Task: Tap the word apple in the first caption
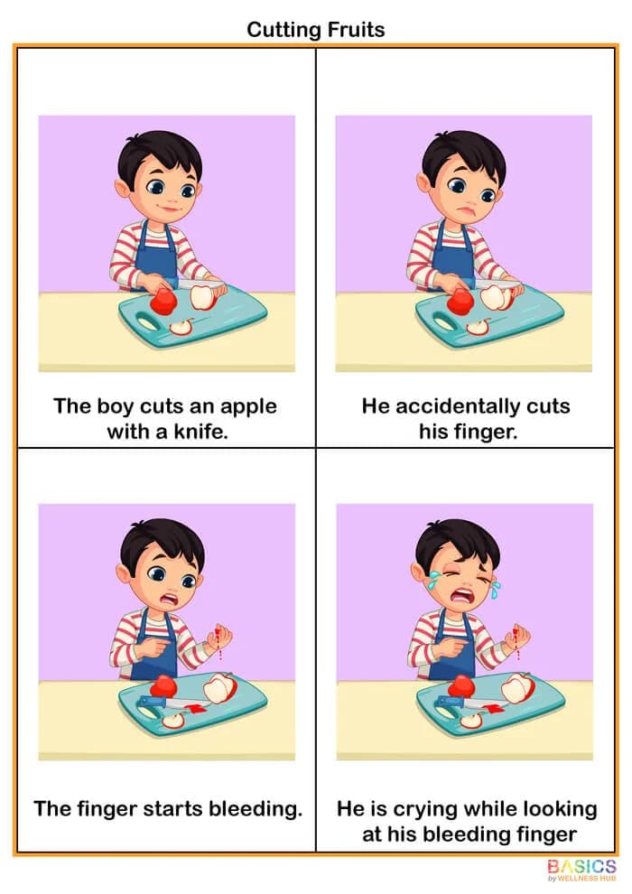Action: click(245, 405)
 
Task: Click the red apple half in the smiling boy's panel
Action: click(163, 302)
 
